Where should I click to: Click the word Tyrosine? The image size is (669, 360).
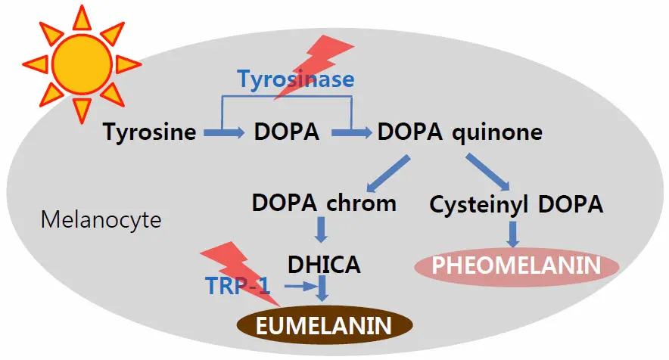click(149, 132)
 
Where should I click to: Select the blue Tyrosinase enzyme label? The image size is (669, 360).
click(296, 78)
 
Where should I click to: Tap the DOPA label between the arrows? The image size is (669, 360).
click(288, 132)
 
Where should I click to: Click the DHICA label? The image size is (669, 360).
click(324, 264)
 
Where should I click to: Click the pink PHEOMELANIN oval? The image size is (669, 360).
click(516, 265)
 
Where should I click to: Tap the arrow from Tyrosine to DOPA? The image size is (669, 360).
click(224, 133)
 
